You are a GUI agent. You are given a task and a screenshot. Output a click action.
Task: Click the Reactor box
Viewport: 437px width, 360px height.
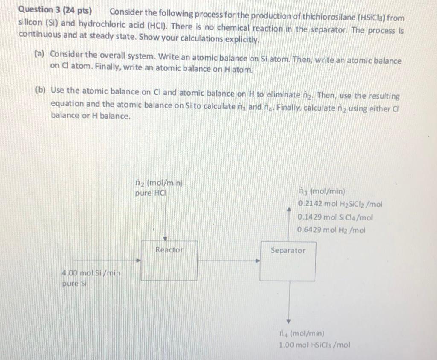coord(169,260)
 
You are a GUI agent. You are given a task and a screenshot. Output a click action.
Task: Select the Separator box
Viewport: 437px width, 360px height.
coord(288,261)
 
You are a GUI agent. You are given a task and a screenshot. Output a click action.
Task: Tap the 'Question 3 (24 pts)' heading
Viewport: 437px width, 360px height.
coord(55,11)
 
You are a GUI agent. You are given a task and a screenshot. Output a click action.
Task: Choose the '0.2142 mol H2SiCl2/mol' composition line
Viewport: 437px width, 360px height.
coord(340,204)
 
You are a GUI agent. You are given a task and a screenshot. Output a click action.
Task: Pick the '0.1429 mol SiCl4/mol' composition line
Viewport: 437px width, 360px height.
coord(335,217)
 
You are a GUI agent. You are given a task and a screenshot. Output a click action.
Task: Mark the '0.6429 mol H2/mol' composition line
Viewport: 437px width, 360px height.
coord(332,230)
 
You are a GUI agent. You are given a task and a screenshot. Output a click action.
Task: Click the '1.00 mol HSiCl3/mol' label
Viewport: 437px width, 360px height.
coord(314,345)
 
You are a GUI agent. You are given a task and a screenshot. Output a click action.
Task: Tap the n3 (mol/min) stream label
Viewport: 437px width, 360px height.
coord(322,192)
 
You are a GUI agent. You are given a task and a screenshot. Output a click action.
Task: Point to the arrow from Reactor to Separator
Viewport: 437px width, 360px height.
coord(229,260)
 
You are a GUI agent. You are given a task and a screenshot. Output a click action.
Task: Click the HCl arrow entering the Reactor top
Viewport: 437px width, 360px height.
coord(165,218)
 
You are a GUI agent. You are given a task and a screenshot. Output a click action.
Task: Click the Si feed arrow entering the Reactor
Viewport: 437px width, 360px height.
coord(107,260)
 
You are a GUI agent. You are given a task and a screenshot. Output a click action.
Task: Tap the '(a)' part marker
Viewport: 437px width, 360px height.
coord(40,54)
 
